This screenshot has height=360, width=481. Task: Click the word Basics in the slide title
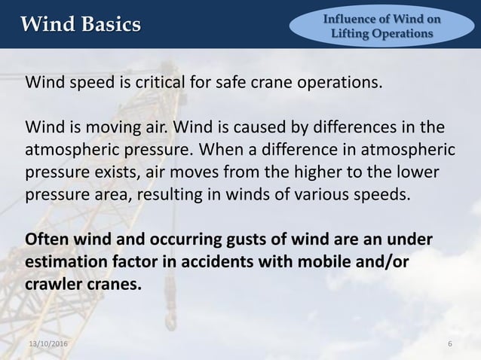(109, 24)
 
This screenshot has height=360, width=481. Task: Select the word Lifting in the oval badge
(352, 34)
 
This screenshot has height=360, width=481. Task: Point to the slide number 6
(450, 344)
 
